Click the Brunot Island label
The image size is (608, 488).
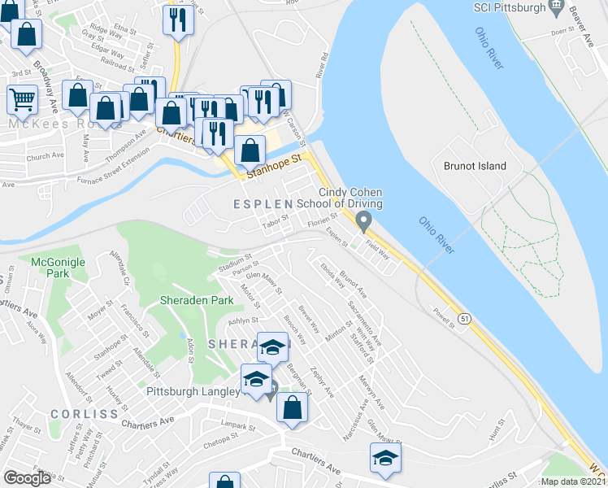click(475, 166)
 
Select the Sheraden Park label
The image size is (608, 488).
click(196, 300)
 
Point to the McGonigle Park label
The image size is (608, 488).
click(52, 268)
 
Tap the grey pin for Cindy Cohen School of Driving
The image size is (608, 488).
click(364, 220)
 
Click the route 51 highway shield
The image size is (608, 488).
click(463, 316)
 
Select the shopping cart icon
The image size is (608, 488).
click(22, 100)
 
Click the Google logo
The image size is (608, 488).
click(27, 478)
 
